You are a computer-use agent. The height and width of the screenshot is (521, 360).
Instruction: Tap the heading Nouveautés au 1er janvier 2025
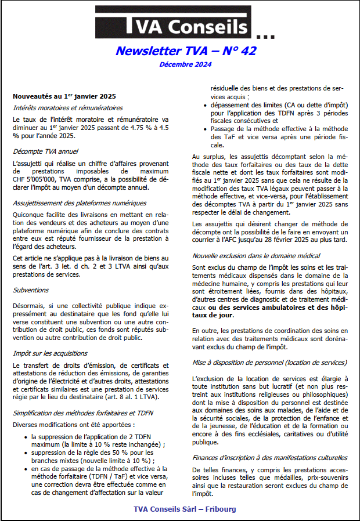click(x=64, y=96)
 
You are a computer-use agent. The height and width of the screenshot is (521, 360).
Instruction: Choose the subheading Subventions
click(x=31, y=290)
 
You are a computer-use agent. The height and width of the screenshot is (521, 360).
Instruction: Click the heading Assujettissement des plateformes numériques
click(x=80, y=204)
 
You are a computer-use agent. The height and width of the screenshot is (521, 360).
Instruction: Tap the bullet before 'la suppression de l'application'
click(x=26, y=436)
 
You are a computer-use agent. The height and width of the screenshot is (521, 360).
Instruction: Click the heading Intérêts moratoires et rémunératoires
click(x=67, y=108)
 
